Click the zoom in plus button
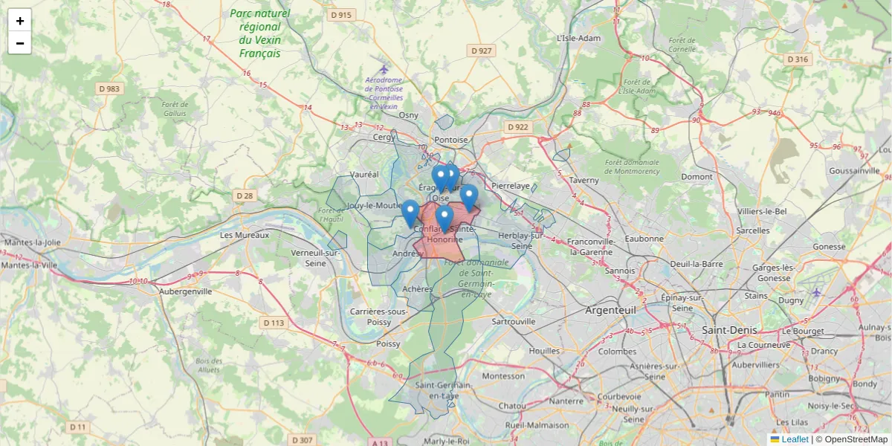click(20, 21)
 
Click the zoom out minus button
click(20, 43)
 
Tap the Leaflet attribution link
click(794, 439)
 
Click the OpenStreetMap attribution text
click(856, 439)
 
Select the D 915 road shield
click(342, 15)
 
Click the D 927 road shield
click(482, 51)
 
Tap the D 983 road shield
click(109, 88)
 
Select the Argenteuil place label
click(610, 309)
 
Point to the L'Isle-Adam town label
click(578, 38)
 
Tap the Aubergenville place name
click(186, 291)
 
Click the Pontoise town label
click(451, 140)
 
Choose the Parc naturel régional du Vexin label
click(259, 33)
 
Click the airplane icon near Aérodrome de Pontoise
click(384, 69)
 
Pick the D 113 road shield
click(274, 323)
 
